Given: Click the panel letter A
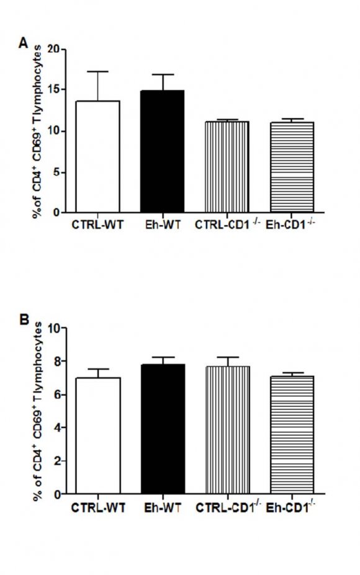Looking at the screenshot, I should click(x=24, y=42).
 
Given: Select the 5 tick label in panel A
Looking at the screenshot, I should click(x=55, y=172).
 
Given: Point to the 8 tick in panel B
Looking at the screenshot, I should click(x=55, y=361).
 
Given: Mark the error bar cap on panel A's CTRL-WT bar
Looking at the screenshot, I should click(x=97, y=71).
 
